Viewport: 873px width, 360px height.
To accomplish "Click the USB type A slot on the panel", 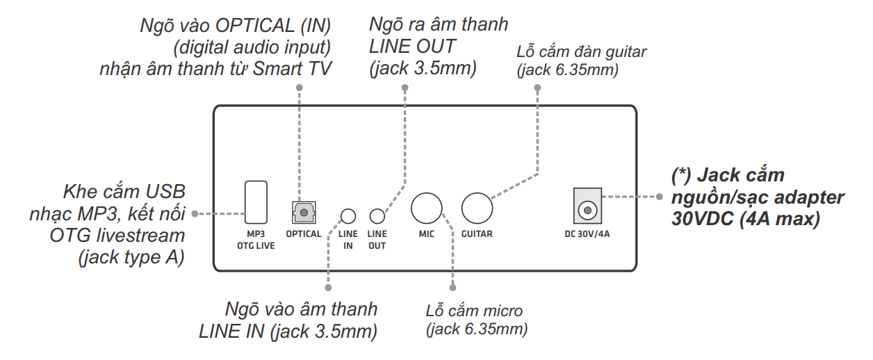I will tap(256, 199).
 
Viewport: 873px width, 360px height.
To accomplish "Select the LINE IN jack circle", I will tap(348, 215).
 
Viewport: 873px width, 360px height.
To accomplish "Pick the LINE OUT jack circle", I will tap(377, 215).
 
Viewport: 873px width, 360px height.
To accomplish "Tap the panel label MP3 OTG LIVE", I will tap(256, 240).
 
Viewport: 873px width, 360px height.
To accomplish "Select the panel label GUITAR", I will tap(477, 234).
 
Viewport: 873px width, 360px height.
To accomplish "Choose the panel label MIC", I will tap(427, 234).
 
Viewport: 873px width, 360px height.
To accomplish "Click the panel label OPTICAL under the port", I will tap(304, 234).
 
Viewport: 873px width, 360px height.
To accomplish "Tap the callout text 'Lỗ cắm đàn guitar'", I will tap(582, 52).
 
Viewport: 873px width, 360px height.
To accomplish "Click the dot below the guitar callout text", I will tap(537, 88).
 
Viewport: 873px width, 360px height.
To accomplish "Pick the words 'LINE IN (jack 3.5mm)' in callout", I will tap(288, 332).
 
